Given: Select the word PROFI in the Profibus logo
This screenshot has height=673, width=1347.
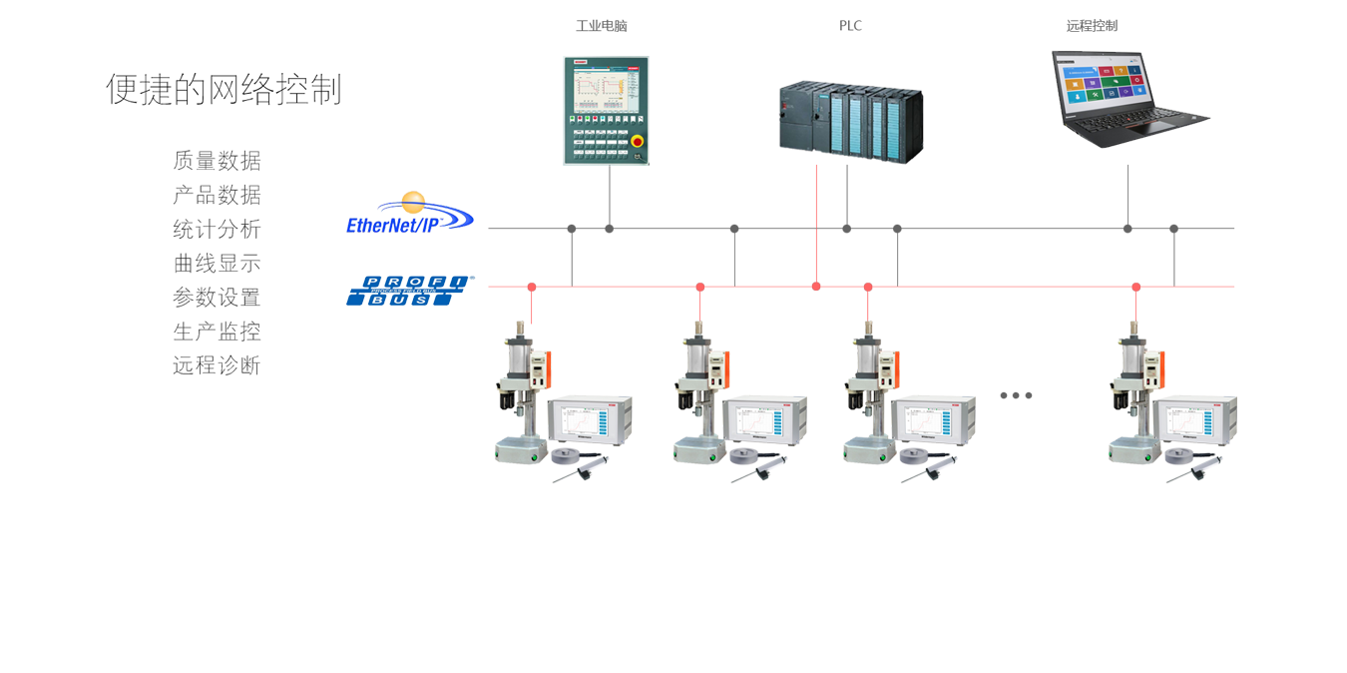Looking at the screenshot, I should tap(409, 282).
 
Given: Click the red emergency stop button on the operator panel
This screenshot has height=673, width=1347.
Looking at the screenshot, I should tap(637, 143).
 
